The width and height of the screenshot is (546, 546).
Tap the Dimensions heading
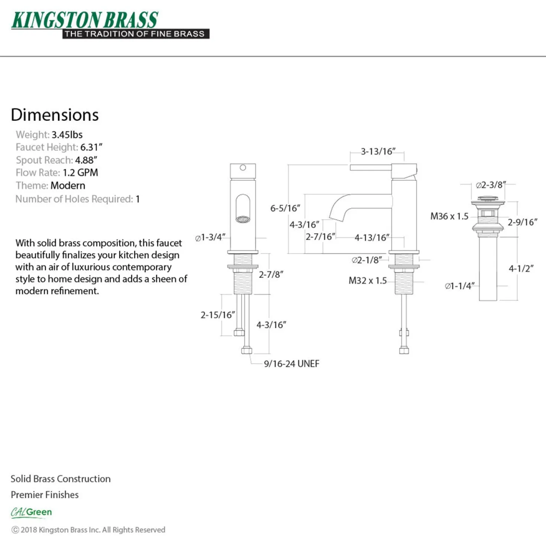(x=55, y=115)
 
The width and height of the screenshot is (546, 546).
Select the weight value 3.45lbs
(x=67, y=134)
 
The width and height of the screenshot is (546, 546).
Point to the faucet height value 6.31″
(x=91, y=147)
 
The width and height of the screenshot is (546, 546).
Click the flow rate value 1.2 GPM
(x=80, y=173)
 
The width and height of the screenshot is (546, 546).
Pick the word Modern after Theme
(x=68, y=186)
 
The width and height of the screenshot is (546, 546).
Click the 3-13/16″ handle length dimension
(x=378, y=152)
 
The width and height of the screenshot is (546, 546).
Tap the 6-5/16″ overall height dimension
(x=285, y=208)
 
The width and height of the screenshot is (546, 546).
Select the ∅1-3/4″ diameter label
(x=210, y=237)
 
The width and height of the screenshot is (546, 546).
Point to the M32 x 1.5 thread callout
(x=367, y=280)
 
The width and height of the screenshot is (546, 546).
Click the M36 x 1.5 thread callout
(x=449, y=216)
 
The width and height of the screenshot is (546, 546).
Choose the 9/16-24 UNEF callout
(x=292, y=364)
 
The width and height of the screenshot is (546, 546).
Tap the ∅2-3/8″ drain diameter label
(x=491, y=185)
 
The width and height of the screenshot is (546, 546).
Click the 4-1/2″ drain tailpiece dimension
(x=521, y=268)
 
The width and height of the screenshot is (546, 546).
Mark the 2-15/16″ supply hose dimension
(x=218, y=315)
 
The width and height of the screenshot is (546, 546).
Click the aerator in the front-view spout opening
(x=243, y=219)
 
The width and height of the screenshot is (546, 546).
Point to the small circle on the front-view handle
(x=243, y=168)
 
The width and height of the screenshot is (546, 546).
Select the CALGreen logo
(x=32, y=513)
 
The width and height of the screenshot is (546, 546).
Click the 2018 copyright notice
(x=88, y=530)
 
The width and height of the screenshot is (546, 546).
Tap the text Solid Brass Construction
(x=61, y=479)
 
